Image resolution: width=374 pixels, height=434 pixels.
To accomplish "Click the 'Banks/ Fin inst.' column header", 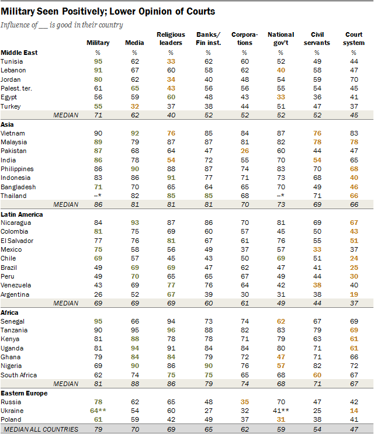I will click(x=205, y=39).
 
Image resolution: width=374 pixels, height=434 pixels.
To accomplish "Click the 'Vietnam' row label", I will click(x=14, y=133).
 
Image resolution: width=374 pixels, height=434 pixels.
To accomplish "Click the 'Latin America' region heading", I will click(x=23, y=214).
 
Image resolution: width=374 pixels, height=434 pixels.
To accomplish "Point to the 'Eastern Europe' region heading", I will click(x=25, y=394).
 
